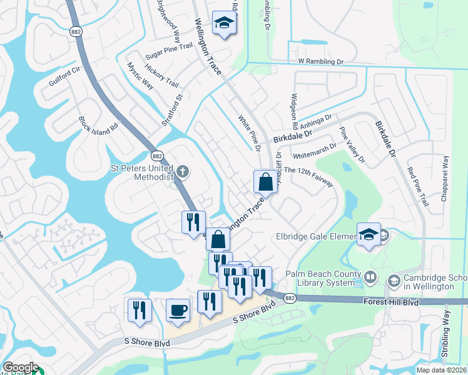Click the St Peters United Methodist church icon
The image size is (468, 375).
point(183,171)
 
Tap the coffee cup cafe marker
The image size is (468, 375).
point(178,311)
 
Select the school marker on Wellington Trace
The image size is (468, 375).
point(223,24)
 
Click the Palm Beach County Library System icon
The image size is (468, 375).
point(370,276)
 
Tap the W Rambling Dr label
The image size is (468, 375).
point(321,62)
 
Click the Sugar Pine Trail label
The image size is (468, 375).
point(169,47)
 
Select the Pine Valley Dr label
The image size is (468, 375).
point(352,146)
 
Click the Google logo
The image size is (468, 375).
point(21,367)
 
